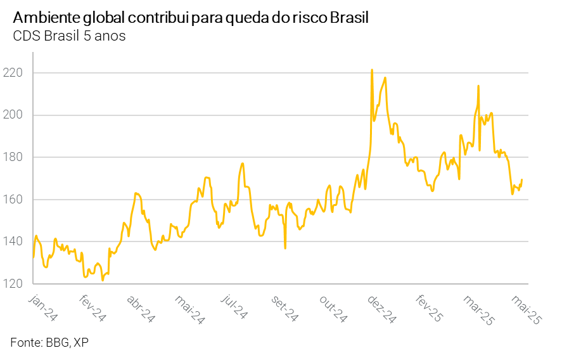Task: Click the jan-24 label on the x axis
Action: click(x=42, y=308)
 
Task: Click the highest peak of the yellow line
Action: click(x=372, y=70)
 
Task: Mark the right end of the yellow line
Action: click(x=521, y=180)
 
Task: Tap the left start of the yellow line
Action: click(x=33, y=257)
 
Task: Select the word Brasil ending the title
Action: click(x=349, y=18)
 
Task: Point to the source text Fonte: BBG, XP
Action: click(x=49, y=342)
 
